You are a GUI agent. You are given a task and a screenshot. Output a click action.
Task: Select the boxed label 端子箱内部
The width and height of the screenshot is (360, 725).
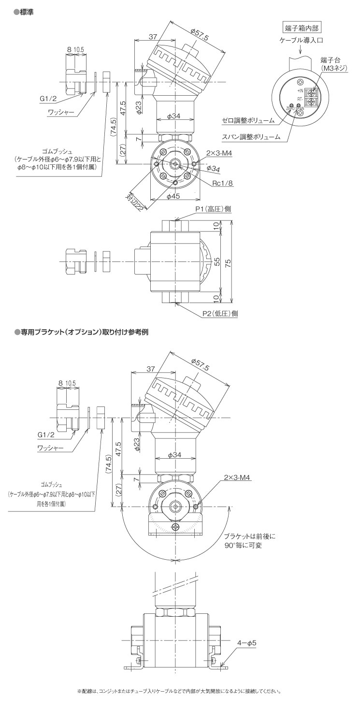coord(302,27)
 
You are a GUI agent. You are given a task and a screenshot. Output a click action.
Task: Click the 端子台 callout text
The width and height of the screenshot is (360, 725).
coord(331,59)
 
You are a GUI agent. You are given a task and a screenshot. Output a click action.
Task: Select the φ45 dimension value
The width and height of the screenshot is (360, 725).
coord(173,197)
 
